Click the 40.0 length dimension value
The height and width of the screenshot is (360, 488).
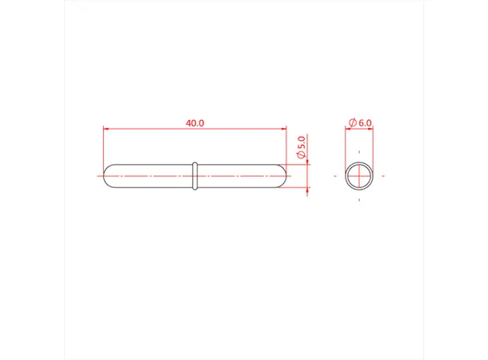194,122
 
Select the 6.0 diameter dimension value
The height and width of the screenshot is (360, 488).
366,122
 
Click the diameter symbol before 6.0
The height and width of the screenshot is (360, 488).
353,122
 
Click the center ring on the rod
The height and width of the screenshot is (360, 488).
194,175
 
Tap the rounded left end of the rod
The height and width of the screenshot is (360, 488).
109,175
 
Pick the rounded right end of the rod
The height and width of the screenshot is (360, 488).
281,175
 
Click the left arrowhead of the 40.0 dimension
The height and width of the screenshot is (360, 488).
106,128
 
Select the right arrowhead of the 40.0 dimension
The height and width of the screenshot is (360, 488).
282,128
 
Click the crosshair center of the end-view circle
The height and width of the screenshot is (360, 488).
360,175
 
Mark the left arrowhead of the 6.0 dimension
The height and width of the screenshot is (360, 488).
348,128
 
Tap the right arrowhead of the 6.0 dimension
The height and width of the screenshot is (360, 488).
371,128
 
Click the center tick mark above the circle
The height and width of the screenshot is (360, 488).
360,151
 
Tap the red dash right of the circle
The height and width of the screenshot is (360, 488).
383,175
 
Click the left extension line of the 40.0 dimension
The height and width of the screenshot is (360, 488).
104,148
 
